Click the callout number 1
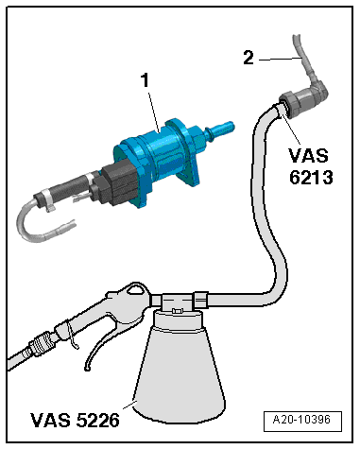(145, 80)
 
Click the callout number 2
(249, 58)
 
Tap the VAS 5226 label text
(75, 420)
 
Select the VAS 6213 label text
(310, 166)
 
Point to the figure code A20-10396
(301, 420)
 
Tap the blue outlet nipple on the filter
(220, 127)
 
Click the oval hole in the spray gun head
(135, 288)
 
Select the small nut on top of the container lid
(177, 311)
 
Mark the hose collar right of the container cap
(200, 300)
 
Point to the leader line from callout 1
(153, 111)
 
